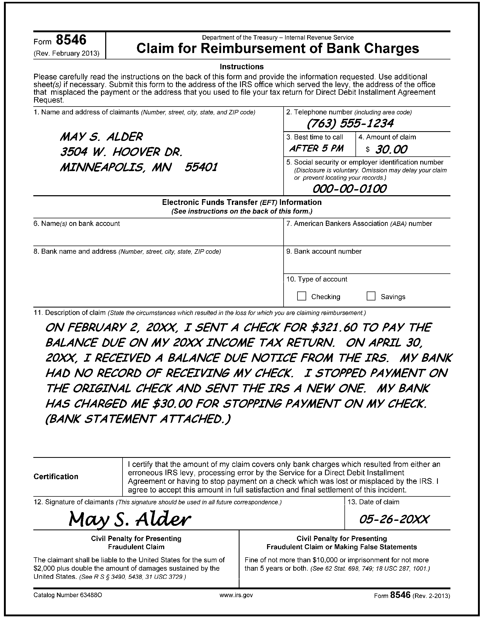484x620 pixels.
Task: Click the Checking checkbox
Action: (301, 296)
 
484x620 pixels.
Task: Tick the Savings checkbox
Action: (371, 296)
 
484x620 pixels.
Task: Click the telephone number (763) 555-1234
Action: (350, 123)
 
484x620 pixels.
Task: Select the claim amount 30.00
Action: (391, 149)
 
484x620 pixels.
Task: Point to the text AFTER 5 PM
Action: (316, 148)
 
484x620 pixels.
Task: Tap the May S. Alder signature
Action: (129, 519)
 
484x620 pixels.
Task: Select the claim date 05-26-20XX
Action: (394, 519)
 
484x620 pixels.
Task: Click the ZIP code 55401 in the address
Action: (201, 167)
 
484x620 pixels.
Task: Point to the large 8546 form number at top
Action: (71, 40)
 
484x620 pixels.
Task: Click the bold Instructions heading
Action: (242, 67)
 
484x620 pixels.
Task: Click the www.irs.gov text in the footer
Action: (236, 595)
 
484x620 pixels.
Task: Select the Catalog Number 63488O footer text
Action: (68, 595)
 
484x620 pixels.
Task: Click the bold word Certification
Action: (56, 476)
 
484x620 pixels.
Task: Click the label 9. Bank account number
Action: (324, 252)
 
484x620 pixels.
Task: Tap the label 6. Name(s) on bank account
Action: (77, 224)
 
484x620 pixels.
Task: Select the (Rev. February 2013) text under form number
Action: (66, 53)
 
